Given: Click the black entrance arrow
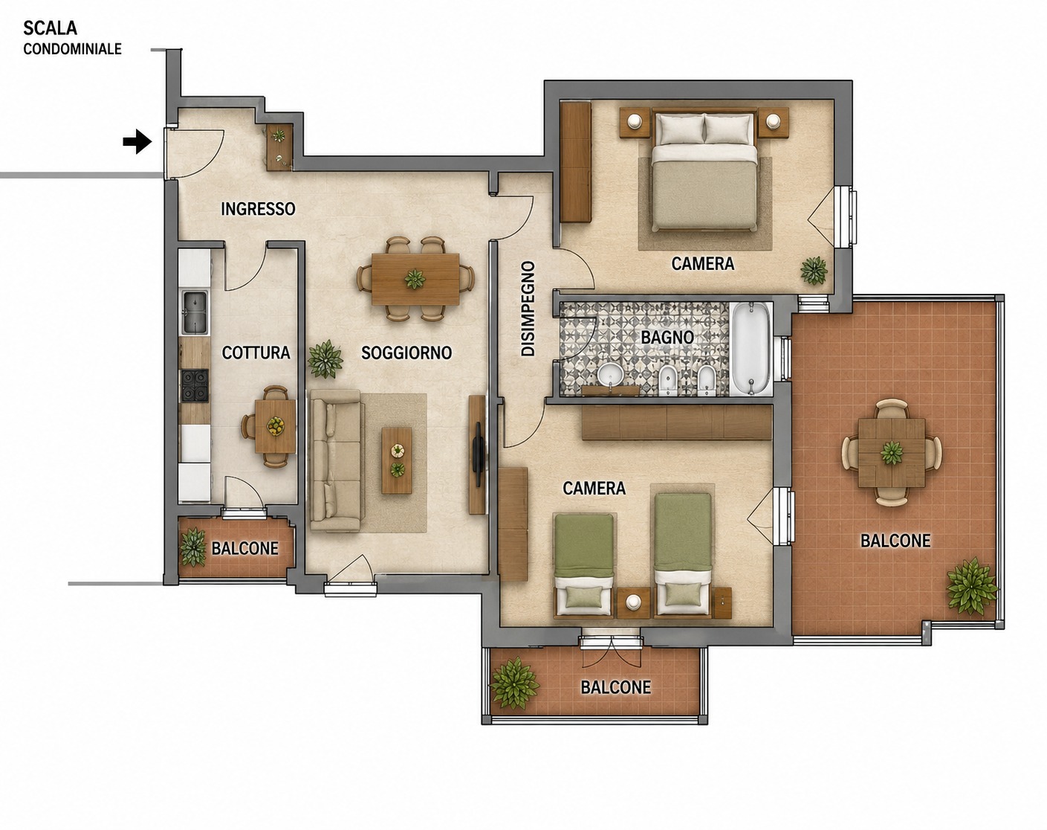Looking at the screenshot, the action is (x=137, y=142).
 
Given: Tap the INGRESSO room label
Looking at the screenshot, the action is (x=258, y=209).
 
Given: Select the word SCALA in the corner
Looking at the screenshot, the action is (x=50, y=28).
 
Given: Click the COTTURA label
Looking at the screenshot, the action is (x=256, y=353).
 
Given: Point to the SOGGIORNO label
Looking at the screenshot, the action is (x=406, y=353).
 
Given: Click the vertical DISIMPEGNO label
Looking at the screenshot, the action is (x=528, y=309).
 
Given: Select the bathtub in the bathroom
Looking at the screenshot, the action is (x=751, y=348).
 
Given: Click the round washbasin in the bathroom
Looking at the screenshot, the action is (x=610, y=375).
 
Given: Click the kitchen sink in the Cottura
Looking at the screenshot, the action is (x=195, y=312).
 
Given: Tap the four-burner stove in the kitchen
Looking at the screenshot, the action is (x=195, y=385).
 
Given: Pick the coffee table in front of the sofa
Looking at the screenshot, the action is (x=397, y=461).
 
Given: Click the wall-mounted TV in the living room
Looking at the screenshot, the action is (x=479, y=454).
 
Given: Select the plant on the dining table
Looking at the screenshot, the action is (x=415, y=279).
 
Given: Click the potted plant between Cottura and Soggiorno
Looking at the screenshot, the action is (x=325, y=359).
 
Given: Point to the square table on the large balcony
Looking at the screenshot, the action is (x=892, y=452).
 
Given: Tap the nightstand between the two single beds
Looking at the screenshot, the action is (x=633, y=603).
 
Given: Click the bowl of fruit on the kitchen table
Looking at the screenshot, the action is (x=276, y=425).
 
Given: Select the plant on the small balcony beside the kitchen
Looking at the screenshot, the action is (x=193, y=547).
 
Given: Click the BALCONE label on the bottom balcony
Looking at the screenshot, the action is (x=615, y=687).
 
